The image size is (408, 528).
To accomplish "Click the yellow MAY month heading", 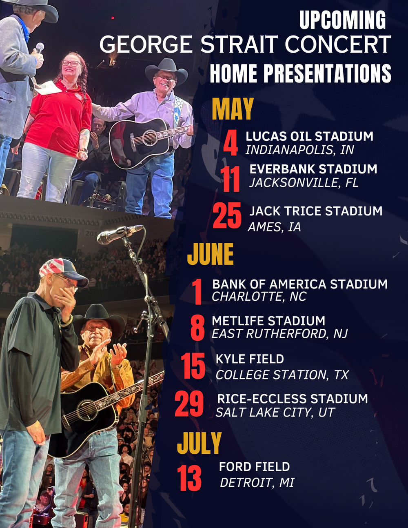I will point(233,109).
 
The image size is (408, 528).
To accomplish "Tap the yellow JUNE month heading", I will point(210,254).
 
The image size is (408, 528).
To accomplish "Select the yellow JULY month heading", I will point(199,444).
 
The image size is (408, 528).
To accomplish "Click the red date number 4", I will point(231,143).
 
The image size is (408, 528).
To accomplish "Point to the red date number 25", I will point(227,216).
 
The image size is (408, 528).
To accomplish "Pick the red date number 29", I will point(189,404).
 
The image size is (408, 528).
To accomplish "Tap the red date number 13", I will point(189,479).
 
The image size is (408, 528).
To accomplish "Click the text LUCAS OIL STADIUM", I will point(309,136).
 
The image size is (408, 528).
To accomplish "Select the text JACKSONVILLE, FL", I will point(304,183).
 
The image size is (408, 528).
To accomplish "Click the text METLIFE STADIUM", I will point(268,321).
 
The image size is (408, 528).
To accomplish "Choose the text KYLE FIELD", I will point(250,359).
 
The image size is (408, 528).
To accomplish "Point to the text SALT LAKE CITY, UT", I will point(275,413).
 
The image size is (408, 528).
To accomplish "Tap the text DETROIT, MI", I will point(257,483).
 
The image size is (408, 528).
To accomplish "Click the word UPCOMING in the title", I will point(343,20).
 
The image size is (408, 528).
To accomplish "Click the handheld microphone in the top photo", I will point(40,48).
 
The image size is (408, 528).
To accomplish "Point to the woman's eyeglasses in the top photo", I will point(71,63).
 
